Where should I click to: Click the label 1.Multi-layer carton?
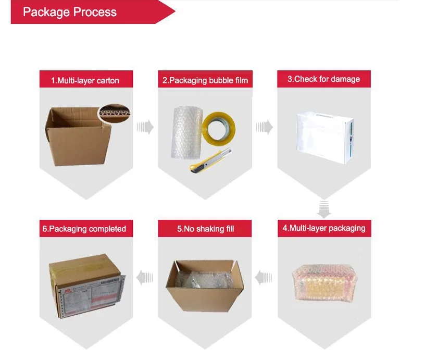pyautogui.click(x=85, y=80)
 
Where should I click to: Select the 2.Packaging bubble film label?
pyautogui.click(x=205, y=80)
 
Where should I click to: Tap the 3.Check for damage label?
pyautogui.click(x=323, y=79)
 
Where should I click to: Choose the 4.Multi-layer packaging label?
pyautogui.click(x=323, y=228)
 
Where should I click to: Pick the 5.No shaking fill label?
pyautogui.click(x=205, y=229)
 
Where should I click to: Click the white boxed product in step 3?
pyautogui.click(x=323, y=133)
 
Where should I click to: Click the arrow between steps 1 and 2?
pyautogui.click(x=145, y=127)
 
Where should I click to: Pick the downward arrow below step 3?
pyautogui.click(x=324, y=208)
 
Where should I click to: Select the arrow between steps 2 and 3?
pyautogui.click(x=265, y=127)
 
